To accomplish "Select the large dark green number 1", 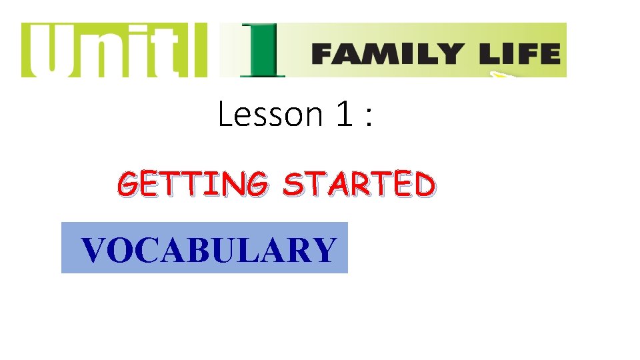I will (x=261, y=51).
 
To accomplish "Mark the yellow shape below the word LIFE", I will (x=504, y=75).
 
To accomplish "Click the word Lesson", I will (x=270, y=115).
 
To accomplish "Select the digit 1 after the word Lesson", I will (x=343, y=115).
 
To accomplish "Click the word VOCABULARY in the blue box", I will (x=209, y=250).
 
